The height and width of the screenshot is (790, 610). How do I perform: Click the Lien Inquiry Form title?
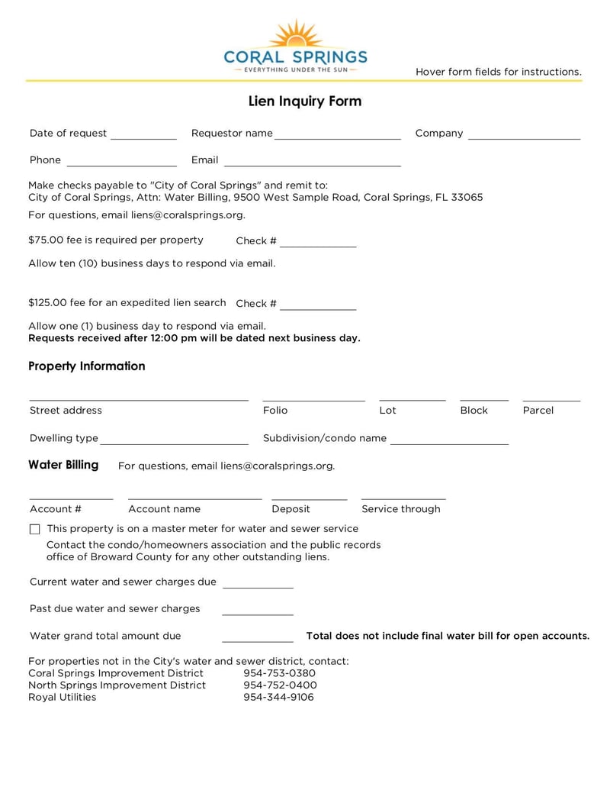[305, 102]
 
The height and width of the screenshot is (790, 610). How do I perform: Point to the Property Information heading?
[87, 366]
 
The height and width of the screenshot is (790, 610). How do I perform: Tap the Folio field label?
[275, 411]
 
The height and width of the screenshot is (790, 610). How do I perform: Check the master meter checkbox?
[34, 529]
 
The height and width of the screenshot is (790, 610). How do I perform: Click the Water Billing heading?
[63, 465]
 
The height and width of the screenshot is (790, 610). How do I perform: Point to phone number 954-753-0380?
[279, 673]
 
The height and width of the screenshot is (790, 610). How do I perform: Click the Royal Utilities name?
[63, 697]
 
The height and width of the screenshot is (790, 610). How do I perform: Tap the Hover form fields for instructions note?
[499, 72]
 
